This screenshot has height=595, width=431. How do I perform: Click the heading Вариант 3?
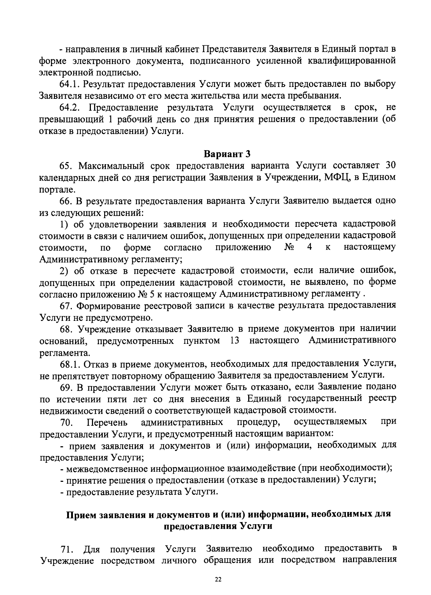pos(227,154)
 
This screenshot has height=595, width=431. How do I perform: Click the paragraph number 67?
pos(66,306)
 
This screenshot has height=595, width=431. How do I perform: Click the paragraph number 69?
pos(66,387)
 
